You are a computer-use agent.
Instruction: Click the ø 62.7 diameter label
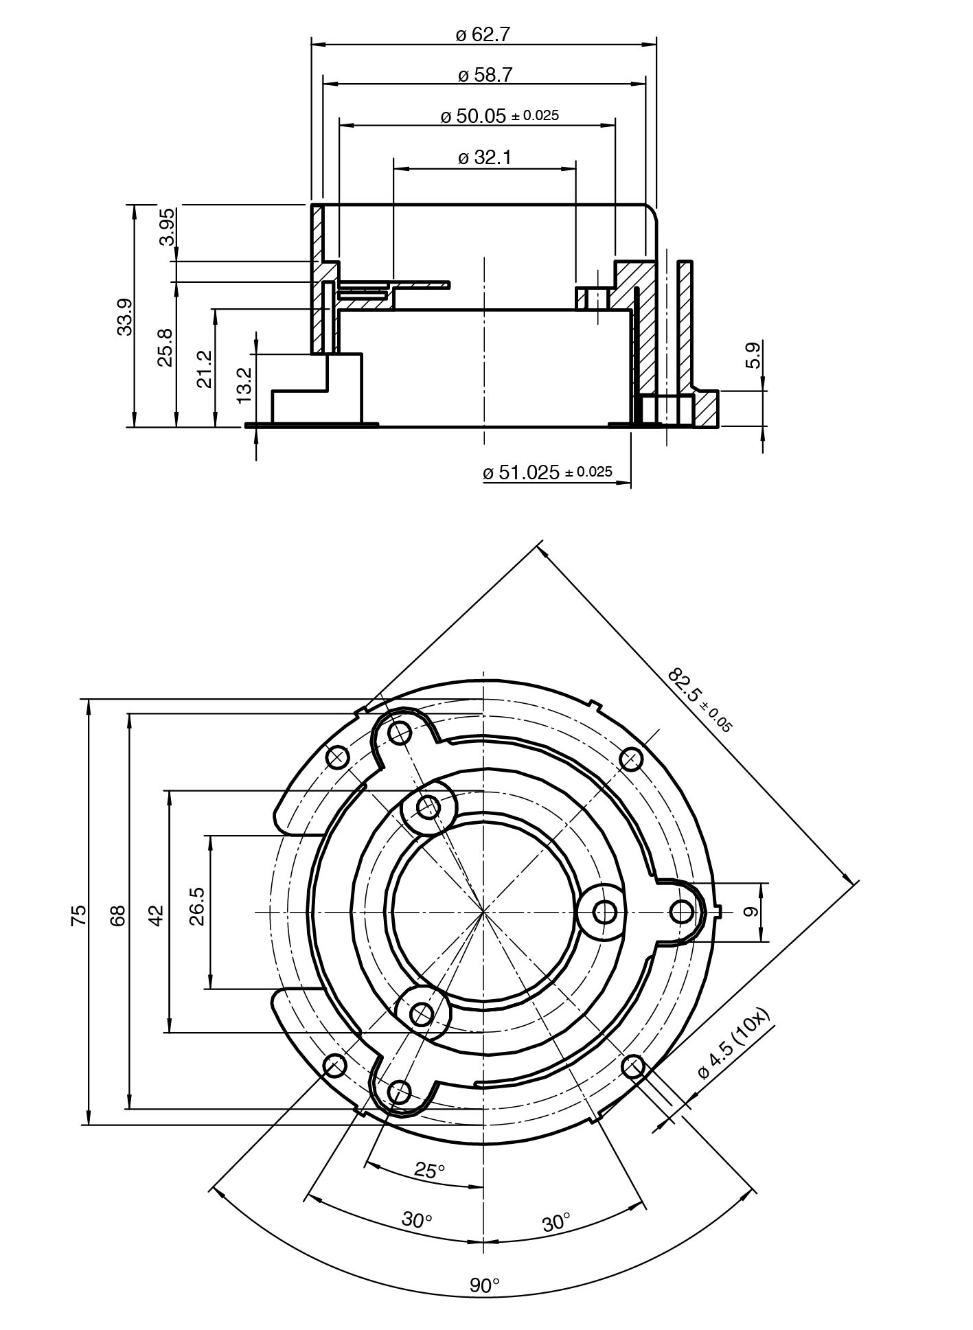click(483, 34)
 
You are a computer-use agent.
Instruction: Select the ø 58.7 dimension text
click(485, 75)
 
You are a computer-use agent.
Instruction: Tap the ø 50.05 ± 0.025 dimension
click(499, 115)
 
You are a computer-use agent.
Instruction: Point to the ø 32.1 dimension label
click(485, 158)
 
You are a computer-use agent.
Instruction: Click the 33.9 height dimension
click(125, 316)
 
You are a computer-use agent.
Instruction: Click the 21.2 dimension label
click(205, 369)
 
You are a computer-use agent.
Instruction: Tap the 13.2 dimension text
click(244, 385)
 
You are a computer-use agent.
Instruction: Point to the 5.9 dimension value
click(754, 356)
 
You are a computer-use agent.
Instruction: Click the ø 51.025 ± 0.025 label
click(547, 472)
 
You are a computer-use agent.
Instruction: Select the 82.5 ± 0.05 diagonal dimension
click(700, 700)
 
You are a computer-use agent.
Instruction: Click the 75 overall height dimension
click(79, 915)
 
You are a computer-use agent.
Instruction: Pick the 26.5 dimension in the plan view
click(198, 906)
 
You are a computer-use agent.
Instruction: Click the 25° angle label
click(430, 1169)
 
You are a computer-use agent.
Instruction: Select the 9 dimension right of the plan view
click(751, 912)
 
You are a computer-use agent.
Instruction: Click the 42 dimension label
click(157, 915)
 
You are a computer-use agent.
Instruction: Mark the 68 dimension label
click(118, 915)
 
